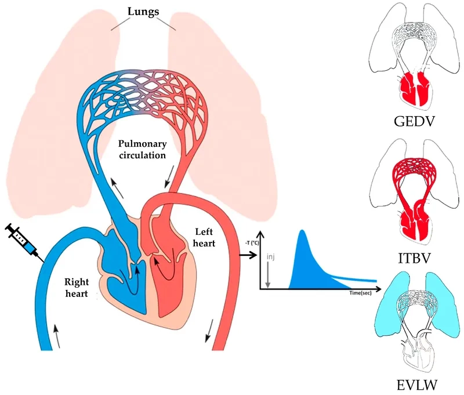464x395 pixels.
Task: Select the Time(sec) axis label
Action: (x=360, y=293)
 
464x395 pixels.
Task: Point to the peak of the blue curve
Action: (x=302, y=232)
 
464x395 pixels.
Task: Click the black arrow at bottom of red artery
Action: (x=208, y=330)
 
